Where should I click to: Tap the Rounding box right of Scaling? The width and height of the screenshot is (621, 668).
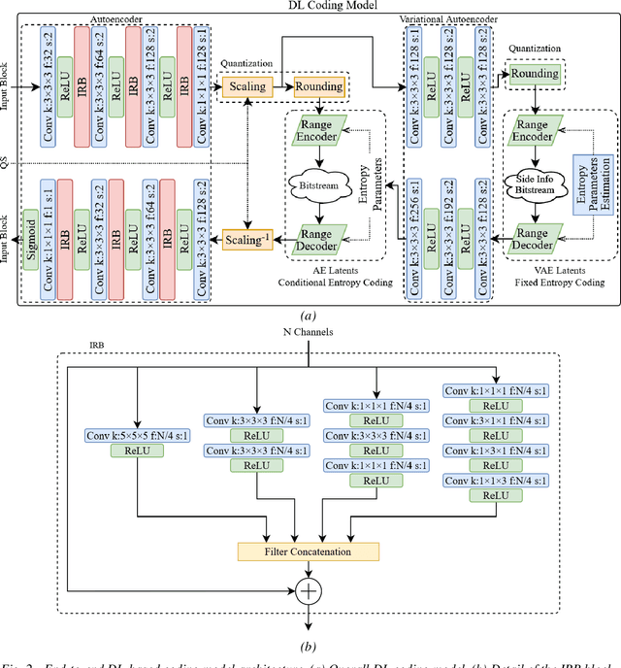[317, 87]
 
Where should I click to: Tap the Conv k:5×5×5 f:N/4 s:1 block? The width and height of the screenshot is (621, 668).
[137, 437]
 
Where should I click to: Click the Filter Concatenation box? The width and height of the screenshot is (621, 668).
[309, 551]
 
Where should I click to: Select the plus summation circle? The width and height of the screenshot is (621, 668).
[309, 589]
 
